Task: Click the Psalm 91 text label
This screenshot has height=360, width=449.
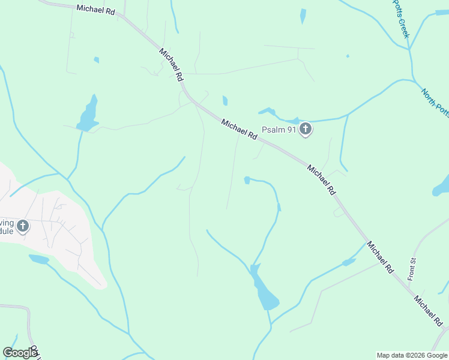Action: [279, 129]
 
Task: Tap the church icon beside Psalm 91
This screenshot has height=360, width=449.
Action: [306, 128]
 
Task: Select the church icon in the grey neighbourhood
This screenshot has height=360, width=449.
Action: [22, 226]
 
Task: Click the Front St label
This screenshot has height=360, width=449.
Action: [412, 269]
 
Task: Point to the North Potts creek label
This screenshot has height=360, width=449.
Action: [435, 103]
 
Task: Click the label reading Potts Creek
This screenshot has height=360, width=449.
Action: [401, 19]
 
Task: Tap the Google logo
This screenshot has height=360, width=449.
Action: [20, 353]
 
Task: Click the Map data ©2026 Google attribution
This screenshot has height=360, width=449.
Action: [412, 355]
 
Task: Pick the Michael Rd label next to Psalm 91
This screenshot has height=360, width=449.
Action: [239, 130]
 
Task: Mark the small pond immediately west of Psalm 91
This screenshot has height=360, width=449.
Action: [267, 111]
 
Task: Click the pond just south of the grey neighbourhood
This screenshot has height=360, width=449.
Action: [39, 259]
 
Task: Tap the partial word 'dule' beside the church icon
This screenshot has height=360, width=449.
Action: [6, 231]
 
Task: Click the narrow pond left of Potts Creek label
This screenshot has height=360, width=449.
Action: [303, 16]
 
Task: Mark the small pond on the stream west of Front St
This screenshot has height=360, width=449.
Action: [348, 262]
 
